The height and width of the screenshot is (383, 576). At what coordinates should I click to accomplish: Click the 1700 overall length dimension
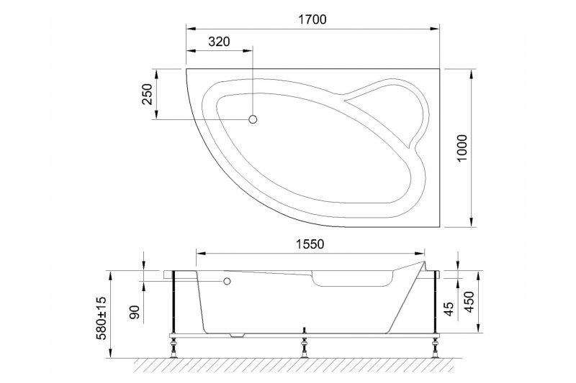click(312, 20)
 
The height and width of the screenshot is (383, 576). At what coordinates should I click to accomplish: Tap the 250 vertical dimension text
click(146, 94)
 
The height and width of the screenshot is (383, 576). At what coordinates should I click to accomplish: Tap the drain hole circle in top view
click(253, 120)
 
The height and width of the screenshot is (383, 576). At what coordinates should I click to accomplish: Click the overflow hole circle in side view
click(228, 282)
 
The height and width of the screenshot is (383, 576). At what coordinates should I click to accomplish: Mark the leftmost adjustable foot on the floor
click(174, 351)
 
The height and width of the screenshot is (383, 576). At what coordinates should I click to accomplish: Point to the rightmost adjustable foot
click(436, 351)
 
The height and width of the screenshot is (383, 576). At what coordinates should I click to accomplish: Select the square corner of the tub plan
click(439, 70)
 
